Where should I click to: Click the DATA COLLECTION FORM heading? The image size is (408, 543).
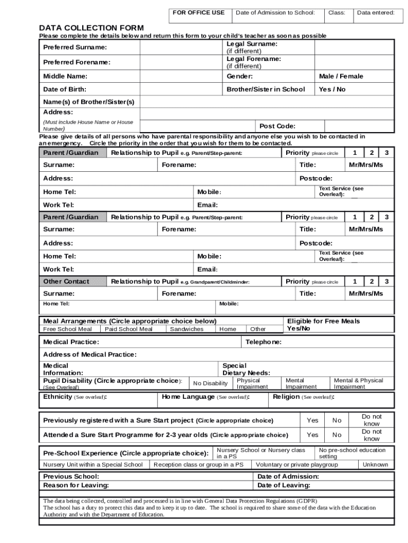pyautogui.click(x=91, y=28)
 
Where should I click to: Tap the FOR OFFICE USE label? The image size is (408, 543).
pyautogui.click(x=199, y=12)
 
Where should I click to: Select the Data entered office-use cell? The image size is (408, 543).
pyautogui.click(x=375, y=12)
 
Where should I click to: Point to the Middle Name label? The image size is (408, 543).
pyautogui.click(x=65, y=76)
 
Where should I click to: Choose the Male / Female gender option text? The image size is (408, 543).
pyautogui.click(x=341, y=76)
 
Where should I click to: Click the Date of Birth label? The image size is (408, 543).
pyautogui.click(x=65, y=90)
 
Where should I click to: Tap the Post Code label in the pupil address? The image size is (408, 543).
pyautogui.click(x=277, y=126)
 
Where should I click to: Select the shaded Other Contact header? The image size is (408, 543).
pyautogui.click(x=66, y=282)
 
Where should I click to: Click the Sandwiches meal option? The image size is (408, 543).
pyautogui.click(x=187, y=329)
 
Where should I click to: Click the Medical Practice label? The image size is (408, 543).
pyautogui.click(x=71, y=343)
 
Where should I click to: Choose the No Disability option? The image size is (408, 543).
pyautogui.click(x=210, y=383)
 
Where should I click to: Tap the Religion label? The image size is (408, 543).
pyautogui.click(x=286, y=397)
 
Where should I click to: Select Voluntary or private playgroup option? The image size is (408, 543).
pyautogui.click(x=297, y=465)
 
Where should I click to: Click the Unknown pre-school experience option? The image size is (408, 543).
pyautogui.click(x=375, y=465)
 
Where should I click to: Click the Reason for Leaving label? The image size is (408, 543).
pyautogui.click(x=76, y=485)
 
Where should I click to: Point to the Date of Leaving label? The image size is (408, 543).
pyautogui.click(x=284, y=485)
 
